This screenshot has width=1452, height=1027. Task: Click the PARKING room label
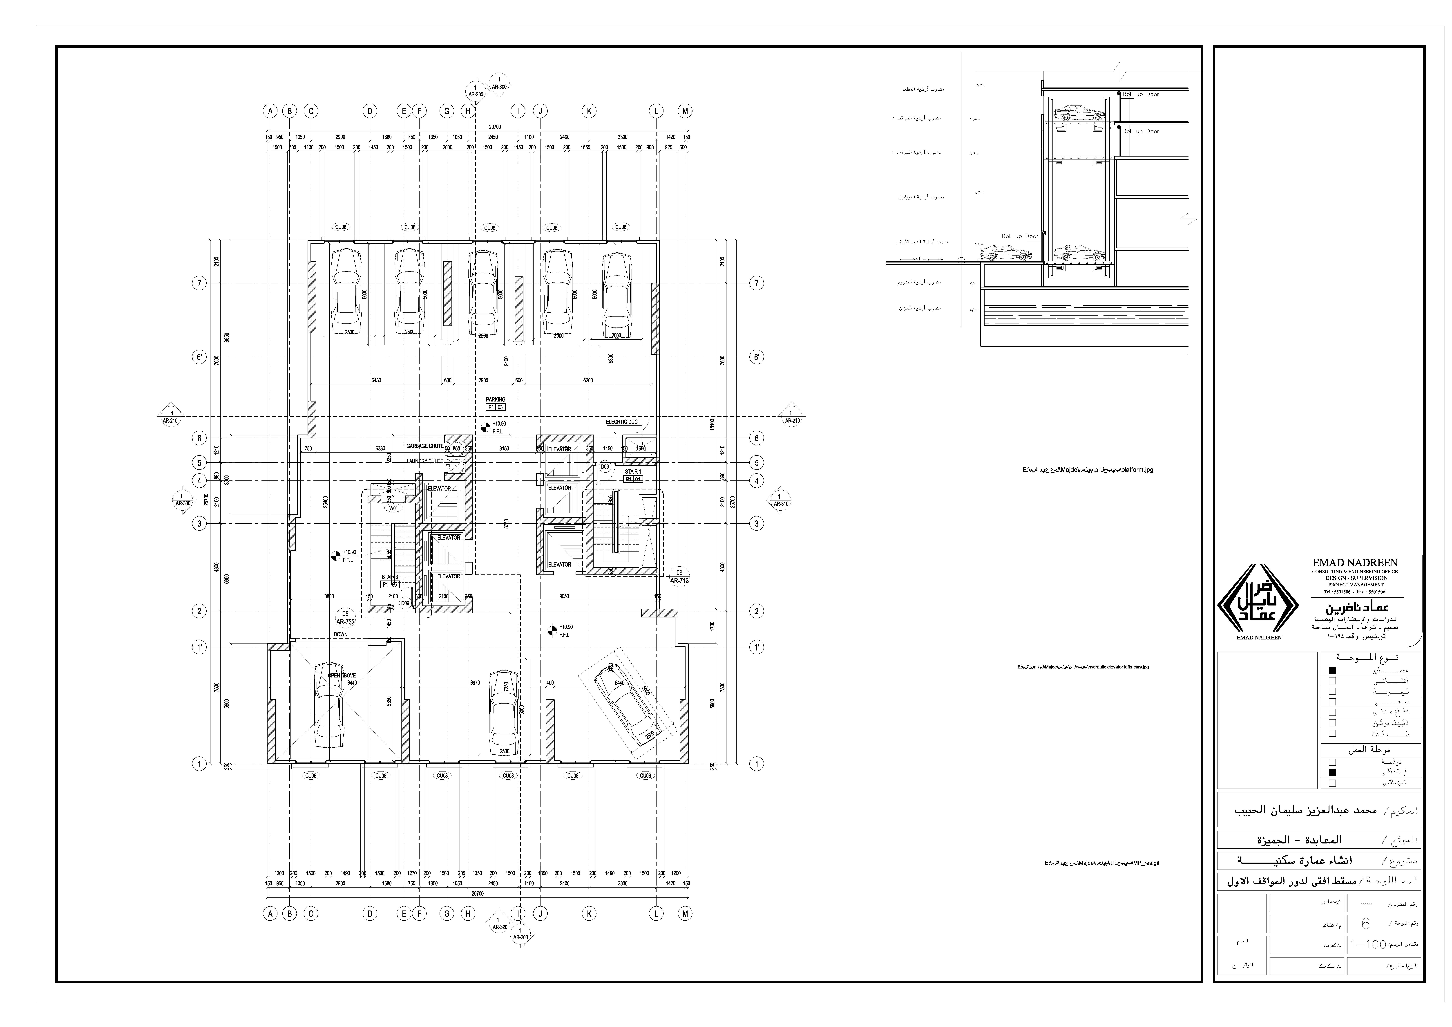(495, 400)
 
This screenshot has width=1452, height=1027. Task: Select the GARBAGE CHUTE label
(424, 446)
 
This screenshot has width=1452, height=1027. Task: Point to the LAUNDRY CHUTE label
(424, 461)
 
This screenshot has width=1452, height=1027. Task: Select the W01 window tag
(393, 508)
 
